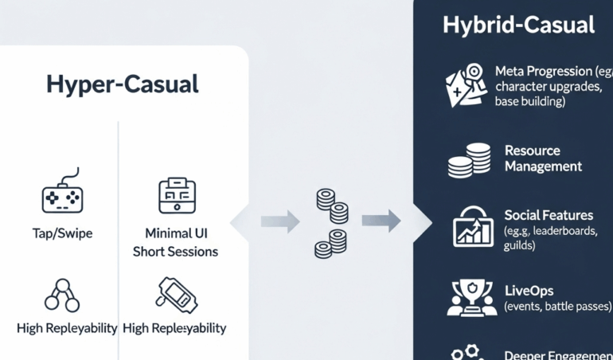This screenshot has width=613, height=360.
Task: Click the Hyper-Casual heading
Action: [x=122, y=84]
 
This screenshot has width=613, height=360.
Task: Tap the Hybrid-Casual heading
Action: [x=518, y=25]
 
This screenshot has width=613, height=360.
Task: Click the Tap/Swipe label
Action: [x=62, y=233]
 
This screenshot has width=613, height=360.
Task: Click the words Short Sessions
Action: [x=175, y=252]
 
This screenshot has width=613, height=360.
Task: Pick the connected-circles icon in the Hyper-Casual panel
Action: [x=62, y=295]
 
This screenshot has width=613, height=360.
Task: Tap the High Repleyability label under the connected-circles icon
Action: [x=67, y=328]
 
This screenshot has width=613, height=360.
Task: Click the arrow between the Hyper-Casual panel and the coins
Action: [x=280, y=221]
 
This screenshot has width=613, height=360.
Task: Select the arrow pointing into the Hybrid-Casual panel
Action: [x=381, y=221]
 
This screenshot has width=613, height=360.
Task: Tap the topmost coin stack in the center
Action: [x=325, y=198]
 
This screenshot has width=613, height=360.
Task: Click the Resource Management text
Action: [x=543, y=158]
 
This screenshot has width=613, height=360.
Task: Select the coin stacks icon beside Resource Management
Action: [x=468, y=159]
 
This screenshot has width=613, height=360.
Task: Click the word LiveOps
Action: [x=529, y=291]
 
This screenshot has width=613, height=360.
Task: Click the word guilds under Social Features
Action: [x=519, y=246]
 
